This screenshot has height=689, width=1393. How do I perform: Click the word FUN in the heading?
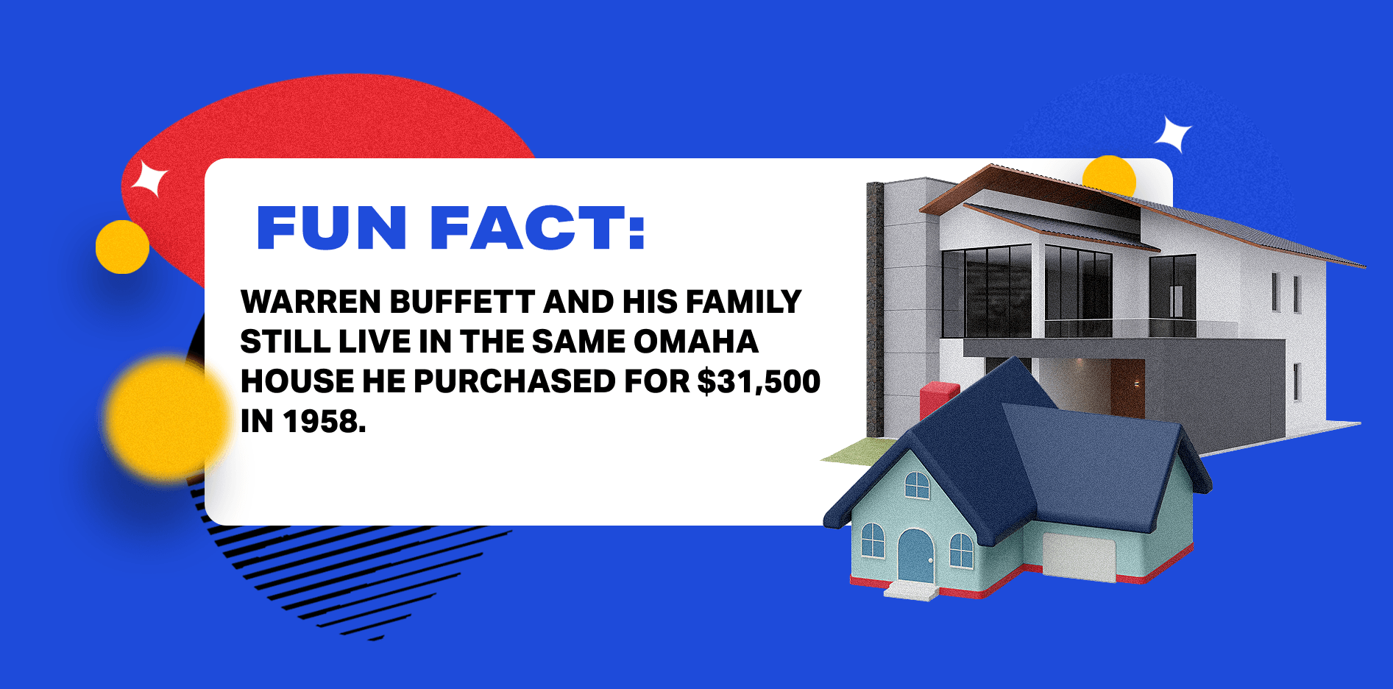coord(331,228)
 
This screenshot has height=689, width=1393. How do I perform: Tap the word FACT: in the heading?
coord(537,228)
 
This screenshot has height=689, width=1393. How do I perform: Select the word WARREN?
coord(311,303)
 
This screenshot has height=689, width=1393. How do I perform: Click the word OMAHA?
coord(695,342)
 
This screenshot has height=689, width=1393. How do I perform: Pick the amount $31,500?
coord(759,382)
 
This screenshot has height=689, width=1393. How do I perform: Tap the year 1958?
coord(324,422)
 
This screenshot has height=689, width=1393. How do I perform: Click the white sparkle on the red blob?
coord(150,179)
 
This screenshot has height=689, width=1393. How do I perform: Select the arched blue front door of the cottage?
coord(915,556)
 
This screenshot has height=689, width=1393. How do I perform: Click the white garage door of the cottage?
coord(1079,556)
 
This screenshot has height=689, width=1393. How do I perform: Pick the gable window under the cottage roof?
coord(917,484)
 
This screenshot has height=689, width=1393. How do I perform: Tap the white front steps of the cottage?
coord(911,590)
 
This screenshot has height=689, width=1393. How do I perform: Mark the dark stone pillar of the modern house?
coord(875,309)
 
